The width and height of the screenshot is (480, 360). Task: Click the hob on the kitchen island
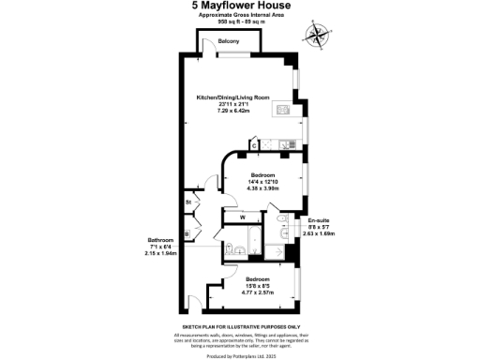(x=283, y=110)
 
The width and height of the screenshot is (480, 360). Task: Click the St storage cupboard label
(x=188, y=202)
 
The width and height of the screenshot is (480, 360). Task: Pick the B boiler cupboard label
(x=187, y=233)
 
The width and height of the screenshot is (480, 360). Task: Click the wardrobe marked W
(x=243, y=218)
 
